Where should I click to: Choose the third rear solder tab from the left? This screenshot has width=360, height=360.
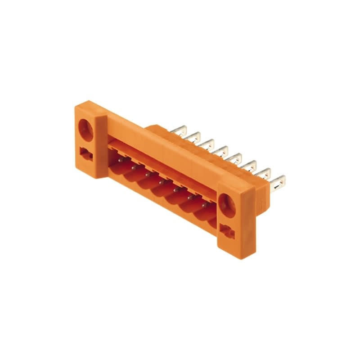[208, 144]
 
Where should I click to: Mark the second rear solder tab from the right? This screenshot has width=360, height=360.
[265, 173]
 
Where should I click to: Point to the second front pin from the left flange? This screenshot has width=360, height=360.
[134, 166]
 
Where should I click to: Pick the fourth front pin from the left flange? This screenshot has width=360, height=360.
[161, 181]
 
